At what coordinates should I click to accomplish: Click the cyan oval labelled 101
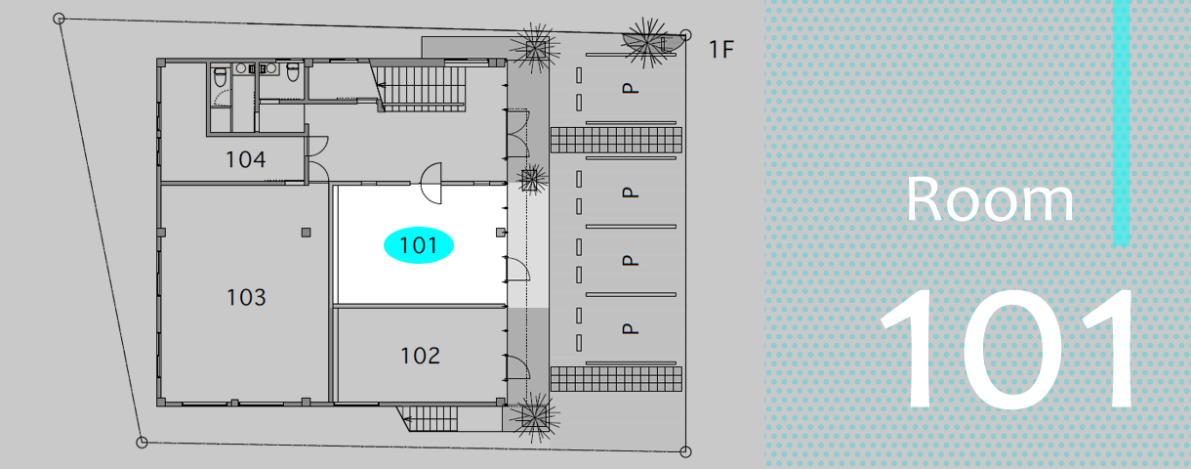tap(419, 245)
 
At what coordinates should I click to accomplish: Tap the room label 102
tap(420, 356)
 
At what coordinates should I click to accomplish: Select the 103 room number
tap(246, 297)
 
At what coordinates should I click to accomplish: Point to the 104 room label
tap(246, 159)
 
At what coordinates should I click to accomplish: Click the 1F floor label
tap(720, 50)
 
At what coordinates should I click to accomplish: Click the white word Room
tap(989, 200)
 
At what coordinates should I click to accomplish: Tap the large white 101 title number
tap(1007, 350)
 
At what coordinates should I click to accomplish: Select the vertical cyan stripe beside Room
tap(1121, 122)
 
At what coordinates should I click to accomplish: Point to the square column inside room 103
tap(306, 232)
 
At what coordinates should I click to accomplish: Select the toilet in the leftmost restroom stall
tap(219, 74)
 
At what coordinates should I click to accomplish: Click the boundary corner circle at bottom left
tap(142, 443)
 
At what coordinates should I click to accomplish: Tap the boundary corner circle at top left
tap(60, 19)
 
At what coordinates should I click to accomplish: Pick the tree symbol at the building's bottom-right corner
tap(535, 417)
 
